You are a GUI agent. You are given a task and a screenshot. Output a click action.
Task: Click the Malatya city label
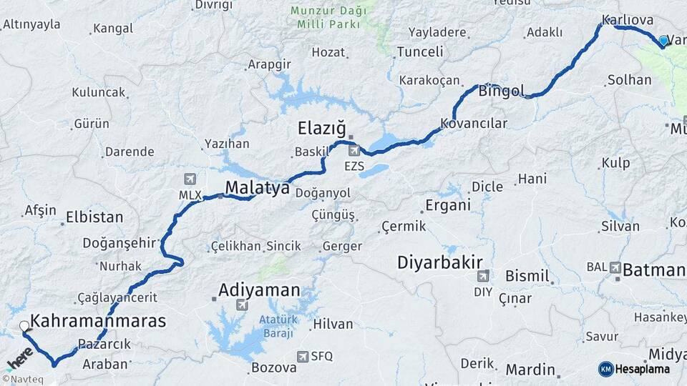pyautogui.click(x=258, y=188)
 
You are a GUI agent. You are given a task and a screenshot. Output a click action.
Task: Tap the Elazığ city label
pyautogui.click(x=321, y=129)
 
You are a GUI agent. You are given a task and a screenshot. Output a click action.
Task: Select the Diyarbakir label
pyautogui.click(x=440, y=262)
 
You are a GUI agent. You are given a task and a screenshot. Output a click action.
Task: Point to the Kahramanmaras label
pyautogui.click(x=99, y=321)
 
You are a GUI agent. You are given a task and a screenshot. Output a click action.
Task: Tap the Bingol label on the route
pyautogui.click(x=501, y=91)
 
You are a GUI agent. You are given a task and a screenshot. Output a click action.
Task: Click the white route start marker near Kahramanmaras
pyautogui.click(x=24, y=326)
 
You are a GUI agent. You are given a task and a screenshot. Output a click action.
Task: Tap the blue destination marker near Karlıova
pyautogui.click(x=663, y=41)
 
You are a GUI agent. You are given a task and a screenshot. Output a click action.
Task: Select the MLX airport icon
pyautogui.click(x=190, y=179)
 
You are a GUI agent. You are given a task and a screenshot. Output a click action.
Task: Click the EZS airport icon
pyautogui.click(x=354, y=152)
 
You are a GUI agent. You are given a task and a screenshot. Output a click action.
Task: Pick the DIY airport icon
pyautogui.click(x=483, y=276)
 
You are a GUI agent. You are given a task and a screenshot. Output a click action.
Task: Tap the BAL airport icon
pyautogui.click(x=615, y=267)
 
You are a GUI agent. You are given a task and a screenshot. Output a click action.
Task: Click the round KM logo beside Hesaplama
pyautogui.click(x=605, y=369)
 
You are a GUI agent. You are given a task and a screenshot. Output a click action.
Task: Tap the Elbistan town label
pyautogui.click(x=94, y=217)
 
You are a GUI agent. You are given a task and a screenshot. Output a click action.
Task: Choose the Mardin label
pyautogui.click(x=530, y=370)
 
